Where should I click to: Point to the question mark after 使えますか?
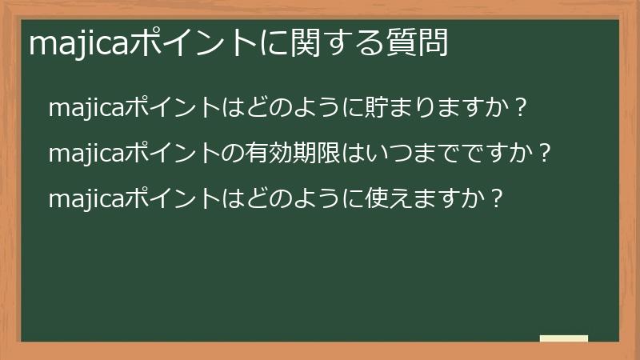497,198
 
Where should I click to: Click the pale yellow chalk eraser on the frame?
564,338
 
